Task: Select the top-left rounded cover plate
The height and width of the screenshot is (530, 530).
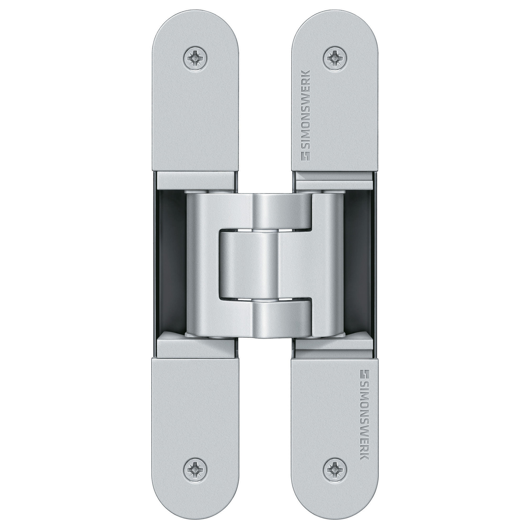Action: click(x=195, y=110)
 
